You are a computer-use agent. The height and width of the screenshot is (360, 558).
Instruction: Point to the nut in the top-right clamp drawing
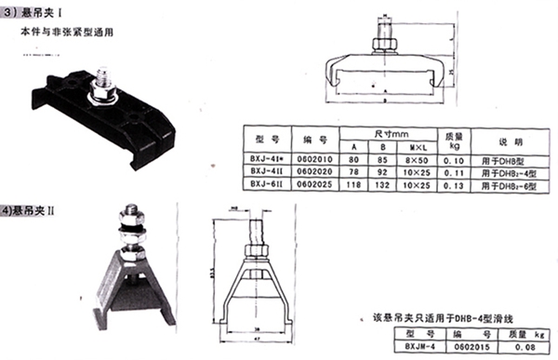[x=383, y=44]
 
